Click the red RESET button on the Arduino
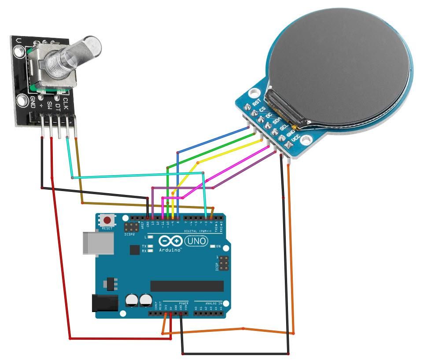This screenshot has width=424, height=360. click(107, 220)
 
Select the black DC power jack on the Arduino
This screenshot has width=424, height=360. click(104, 304)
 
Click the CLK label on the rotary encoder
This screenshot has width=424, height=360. click(65, 104)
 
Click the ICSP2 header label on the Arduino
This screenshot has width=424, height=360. click(129, 234)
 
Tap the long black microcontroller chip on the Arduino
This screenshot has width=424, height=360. click(187, 286)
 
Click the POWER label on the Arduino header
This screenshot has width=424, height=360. click(184, 304)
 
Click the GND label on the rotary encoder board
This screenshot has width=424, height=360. click(33, 102)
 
